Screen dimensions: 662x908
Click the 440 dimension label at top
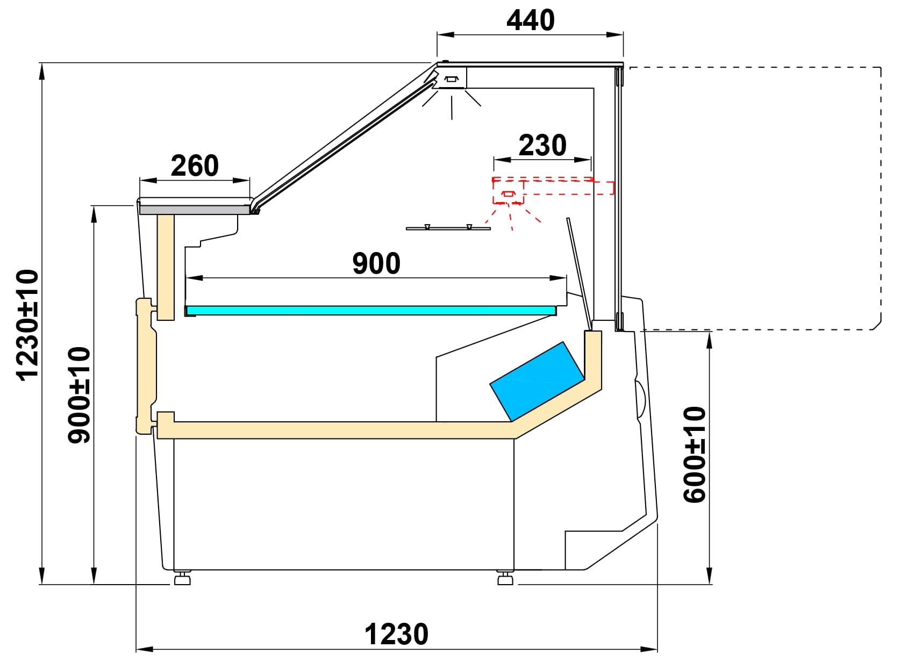[530, 20]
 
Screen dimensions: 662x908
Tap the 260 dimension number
[195, 165]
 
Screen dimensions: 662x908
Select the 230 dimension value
[542, 146]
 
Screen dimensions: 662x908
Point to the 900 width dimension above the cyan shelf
[376, 263]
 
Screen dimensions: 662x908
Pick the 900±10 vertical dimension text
[80, 395]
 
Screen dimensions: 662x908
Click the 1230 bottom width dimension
[396, 634]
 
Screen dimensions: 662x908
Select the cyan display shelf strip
[371, 311]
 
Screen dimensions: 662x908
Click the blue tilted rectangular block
[536, 381]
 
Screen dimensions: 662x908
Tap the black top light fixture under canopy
[451, 80]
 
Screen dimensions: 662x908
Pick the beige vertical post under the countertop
[166, 266]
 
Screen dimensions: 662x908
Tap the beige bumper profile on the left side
[145, 365]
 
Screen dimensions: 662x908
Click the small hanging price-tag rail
[448, 228]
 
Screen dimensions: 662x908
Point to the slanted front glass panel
[344, 134]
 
